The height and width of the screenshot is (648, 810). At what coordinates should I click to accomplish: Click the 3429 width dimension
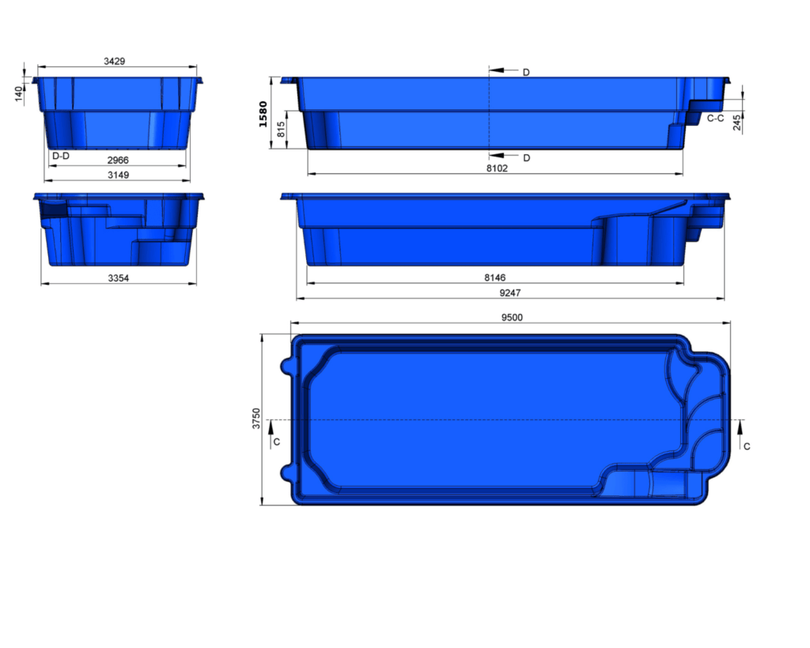pyautogui.click(x=115, y=61)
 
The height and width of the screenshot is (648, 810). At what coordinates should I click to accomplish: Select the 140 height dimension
pyautogui.click(x=18, y=93)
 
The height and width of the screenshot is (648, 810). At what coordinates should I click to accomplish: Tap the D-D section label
pyautogui.click(x=61, y=157)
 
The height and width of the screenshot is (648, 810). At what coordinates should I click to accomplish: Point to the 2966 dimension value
pyautogui.click(x=118, y=160)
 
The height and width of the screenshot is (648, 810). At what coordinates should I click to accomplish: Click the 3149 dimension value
pyautogui.click(x=118, y=175)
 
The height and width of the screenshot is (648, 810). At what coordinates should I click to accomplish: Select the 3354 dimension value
pyautogui.click(x=118, y=278)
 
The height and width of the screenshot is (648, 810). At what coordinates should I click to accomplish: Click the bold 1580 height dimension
pyautogui.click(x=263, y=113)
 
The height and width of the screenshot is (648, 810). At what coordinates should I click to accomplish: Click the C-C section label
pyautogui.click(x=715, y=118)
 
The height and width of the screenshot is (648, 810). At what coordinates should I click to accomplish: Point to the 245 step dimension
pyautogui.click(x=736, y=123)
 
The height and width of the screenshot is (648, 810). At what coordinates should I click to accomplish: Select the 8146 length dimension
pyautogui.click(x=495, y=278)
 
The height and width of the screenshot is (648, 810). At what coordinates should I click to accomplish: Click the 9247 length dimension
pyautogui.click(x=510, y=293)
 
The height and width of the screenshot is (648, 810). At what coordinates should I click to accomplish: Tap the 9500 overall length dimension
pyautogui.click(x=511, y=317)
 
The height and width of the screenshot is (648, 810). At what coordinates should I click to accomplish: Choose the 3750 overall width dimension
pyautogui.click(x=255, y=419)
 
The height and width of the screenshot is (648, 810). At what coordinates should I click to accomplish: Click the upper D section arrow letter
pyautogui.click(x=526, y=73)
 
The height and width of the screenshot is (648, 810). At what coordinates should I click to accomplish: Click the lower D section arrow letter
pyautogui.click(x=526, y=157)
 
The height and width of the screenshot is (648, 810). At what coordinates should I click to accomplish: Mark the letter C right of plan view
pyautogui.click(x=747, y=446)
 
